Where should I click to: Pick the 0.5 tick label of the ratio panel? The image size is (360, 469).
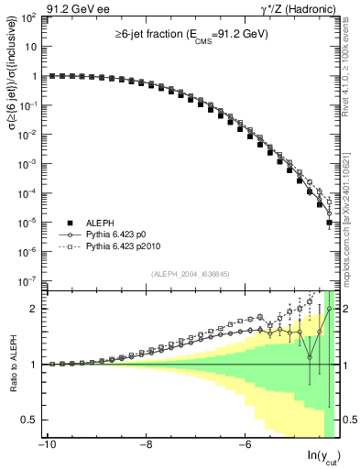point(29,420)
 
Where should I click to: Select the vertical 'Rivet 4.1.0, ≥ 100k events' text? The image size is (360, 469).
point(353,73)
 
